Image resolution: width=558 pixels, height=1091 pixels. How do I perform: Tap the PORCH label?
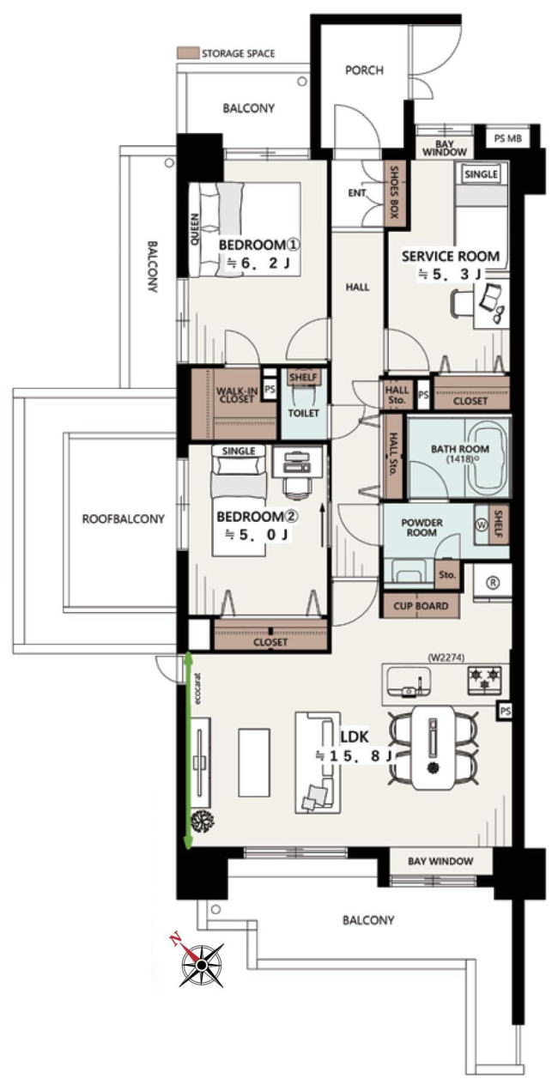[364, 70]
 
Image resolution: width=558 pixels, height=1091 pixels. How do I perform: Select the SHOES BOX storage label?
[394, 193]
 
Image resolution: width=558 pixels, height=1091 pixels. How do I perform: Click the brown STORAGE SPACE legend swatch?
[188, 53]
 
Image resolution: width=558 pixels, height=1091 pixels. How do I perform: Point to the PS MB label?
[508, 138]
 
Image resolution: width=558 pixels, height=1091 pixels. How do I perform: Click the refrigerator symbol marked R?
[494, 582]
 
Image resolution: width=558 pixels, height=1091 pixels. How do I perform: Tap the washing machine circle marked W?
[482, 525]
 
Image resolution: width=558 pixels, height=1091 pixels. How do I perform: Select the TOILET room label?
[304, 413]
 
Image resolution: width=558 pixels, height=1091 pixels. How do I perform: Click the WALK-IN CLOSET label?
[237, 395]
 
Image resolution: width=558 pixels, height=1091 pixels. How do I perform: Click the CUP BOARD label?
[421, 606]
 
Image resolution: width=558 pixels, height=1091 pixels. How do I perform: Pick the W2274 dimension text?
[446, 658]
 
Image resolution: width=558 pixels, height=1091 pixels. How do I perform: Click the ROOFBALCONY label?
[123, 518]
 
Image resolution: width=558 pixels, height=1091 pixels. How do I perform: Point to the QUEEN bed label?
[194, 229]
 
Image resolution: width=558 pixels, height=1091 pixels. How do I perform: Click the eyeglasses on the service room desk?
[500, 313]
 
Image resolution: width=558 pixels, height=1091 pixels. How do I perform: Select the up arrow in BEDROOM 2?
[322, 525]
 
